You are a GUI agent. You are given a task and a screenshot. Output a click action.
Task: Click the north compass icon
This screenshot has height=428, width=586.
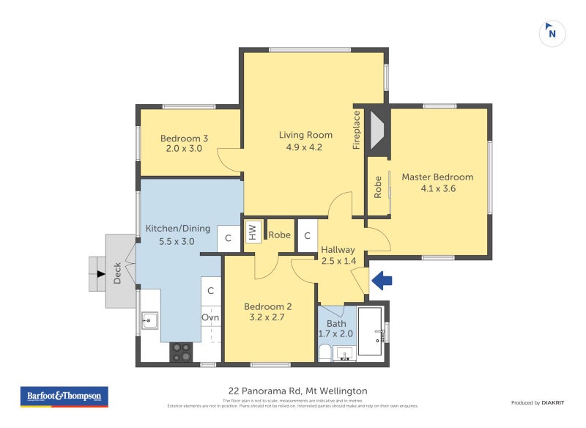coord(552,32)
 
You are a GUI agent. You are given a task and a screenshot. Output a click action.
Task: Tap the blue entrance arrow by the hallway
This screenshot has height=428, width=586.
coord(382,280)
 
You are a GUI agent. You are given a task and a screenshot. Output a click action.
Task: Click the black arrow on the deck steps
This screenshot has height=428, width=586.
coord(100,274)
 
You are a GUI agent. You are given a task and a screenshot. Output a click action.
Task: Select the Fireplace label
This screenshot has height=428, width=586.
coord(357,130)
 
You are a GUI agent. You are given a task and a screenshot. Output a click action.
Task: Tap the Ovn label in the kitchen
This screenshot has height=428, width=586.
coord(211,317)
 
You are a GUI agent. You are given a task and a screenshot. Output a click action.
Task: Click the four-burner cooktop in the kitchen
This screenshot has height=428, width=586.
coord(181,352)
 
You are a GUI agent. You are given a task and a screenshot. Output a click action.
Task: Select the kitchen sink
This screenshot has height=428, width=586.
coord(149,320)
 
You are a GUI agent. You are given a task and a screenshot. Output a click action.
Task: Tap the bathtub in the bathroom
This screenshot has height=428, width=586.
coord(369,331)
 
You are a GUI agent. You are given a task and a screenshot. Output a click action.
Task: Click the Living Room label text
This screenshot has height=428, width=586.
coord(305,135)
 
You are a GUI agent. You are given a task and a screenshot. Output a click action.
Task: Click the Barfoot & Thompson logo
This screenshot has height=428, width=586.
coord(64,396)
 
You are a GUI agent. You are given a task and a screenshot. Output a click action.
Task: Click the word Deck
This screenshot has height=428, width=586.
coord(117,273)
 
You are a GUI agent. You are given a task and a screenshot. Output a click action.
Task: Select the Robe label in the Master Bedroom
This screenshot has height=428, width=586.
coord(378,187)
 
